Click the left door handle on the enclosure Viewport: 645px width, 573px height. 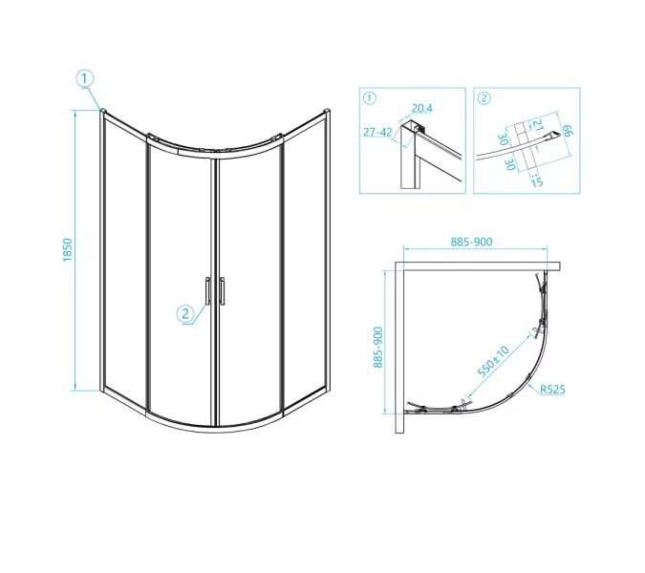207,290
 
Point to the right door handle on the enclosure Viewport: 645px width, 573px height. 222,290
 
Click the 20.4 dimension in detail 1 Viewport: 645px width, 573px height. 421,108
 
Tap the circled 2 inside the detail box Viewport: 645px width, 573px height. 484,98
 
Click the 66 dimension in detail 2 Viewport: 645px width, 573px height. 566,130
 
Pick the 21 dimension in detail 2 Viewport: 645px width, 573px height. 537,125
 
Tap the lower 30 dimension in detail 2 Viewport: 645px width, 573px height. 510,164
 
